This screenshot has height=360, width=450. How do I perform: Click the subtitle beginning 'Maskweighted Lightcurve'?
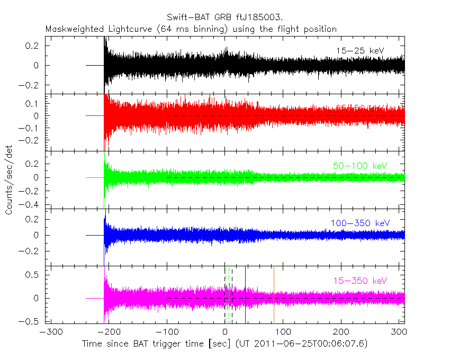(x=191, y=29)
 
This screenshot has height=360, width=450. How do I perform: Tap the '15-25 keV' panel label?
(x=359, y=51)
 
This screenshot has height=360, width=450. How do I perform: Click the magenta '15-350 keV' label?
(x=360, y=280)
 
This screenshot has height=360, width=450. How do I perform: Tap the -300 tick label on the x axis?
(x=49, y=332)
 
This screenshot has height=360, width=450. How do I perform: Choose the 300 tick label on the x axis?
(x=400, y=332)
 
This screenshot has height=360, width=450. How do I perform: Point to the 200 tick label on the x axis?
(x=341, y=332)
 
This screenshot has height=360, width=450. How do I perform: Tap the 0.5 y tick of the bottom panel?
(x=35, y=274)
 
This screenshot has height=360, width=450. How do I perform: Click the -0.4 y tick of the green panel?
(x=33, y=204)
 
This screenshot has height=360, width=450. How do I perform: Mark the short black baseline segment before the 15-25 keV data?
(x=94, y=65)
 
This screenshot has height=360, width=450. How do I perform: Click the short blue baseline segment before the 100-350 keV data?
(x=94, y=235)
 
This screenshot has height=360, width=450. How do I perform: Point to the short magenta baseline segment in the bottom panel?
(x=94, y=299)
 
